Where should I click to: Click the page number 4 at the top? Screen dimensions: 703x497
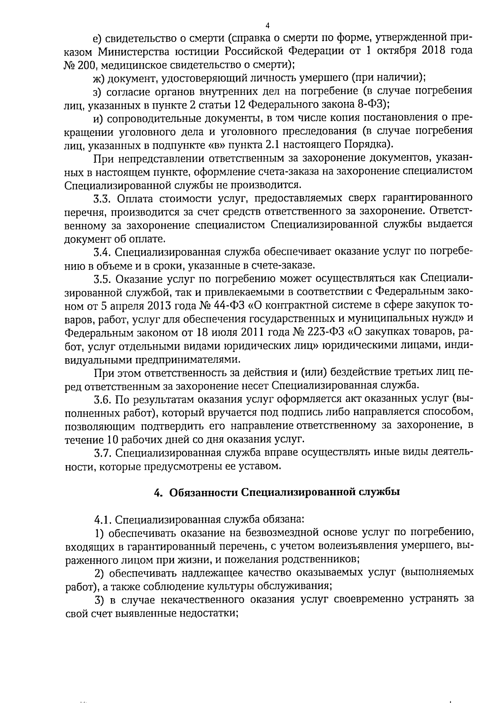[267, 25]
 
